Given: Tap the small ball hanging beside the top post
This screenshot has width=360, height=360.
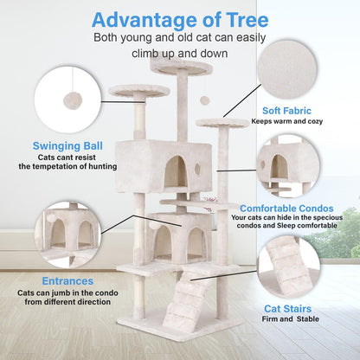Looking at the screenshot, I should click(x=204, y=100).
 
